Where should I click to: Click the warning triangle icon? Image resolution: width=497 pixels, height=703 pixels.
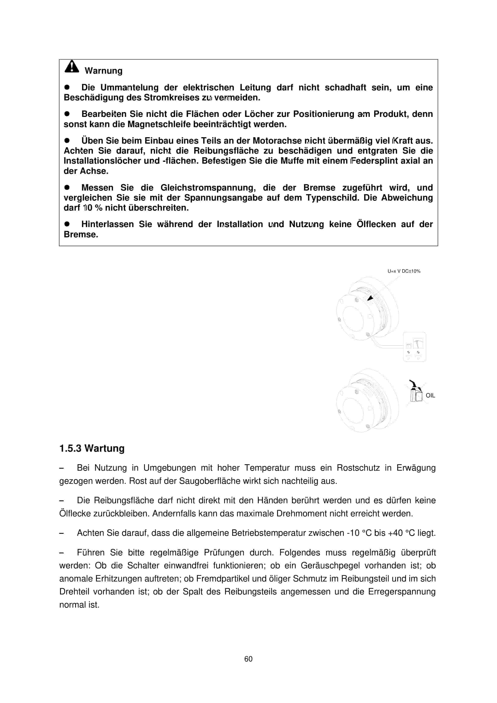72,66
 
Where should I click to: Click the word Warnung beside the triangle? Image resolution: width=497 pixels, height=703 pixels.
103,71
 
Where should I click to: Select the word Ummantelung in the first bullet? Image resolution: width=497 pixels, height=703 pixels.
129,88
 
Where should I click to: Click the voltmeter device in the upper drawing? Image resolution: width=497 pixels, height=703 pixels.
414,347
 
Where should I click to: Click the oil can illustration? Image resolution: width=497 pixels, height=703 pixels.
416,392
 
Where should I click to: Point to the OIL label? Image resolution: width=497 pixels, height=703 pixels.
430,396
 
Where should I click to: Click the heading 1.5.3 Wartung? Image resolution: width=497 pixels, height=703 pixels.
92,448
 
